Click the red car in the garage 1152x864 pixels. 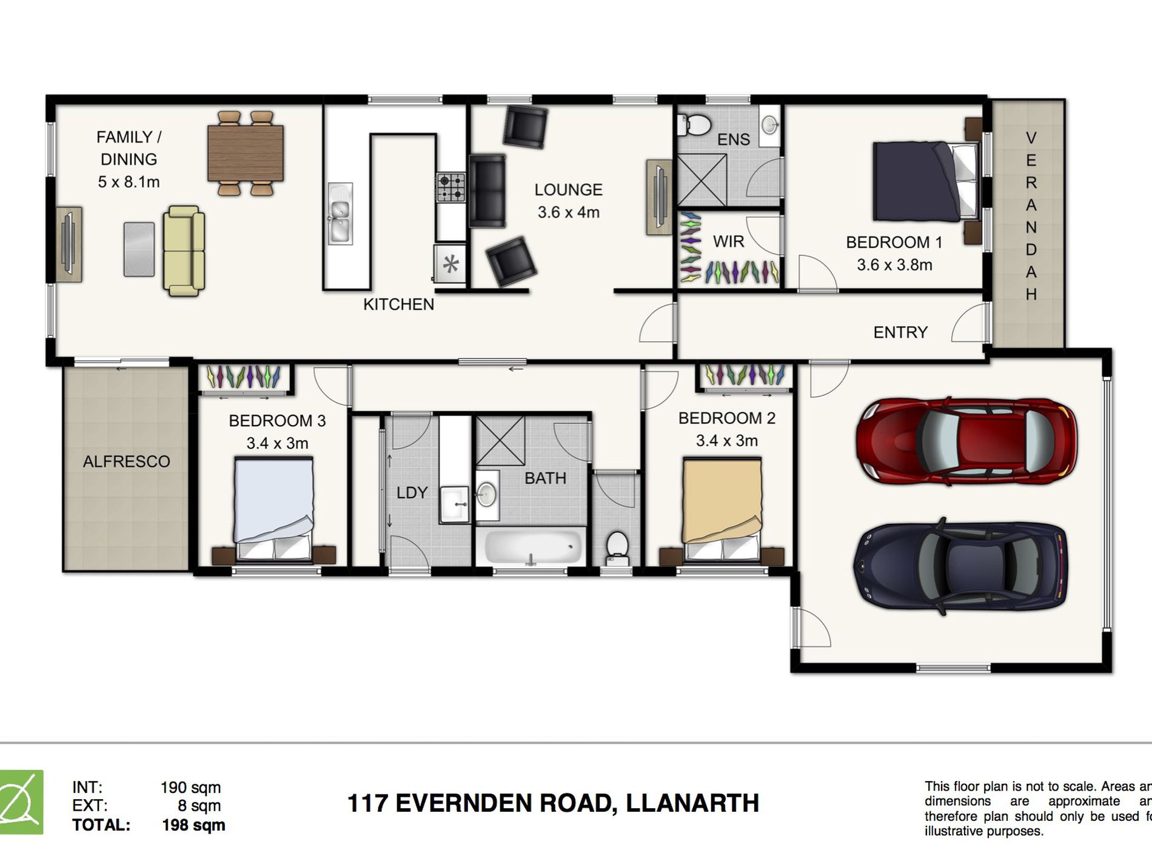coord(966,442)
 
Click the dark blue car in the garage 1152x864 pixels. coord(961,566)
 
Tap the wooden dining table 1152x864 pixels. coord(245,153)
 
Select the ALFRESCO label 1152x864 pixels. coord(126,461)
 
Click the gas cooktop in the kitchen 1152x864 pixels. coord(450,187)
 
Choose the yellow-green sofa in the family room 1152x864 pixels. coord(184,250)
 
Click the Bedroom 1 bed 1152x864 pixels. coord(925,181)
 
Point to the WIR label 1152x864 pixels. coord(728,241)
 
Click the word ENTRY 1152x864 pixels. coord(900,332)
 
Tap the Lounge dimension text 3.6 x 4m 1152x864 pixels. coord(568,212)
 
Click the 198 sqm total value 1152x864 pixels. coord(193,825)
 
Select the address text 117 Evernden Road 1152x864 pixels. coord(552,803)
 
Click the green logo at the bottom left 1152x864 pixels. coord(21,802)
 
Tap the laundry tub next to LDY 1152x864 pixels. coord(454,503)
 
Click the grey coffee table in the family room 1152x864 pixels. coord(139,249)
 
